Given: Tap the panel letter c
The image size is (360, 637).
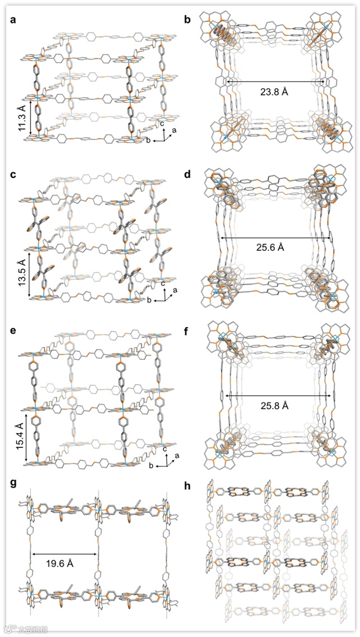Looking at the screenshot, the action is click(13, 175).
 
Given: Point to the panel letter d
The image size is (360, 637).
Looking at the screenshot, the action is click(188, 175).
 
